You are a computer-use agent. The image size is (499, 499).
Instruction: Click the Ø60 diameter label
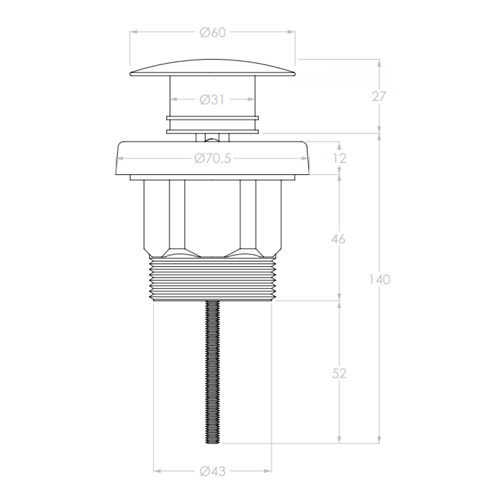[212, 33]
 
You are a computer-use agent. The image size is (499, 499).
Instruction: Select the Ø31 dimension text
[212, 99]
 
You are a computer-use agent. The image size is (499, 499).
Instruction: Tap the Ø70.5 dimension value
[212, 158]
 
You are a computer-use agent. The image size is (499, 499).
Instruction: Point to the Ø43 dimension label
[212, 471]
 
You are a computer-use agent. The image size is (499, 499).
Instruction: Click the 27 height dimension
[379, 96]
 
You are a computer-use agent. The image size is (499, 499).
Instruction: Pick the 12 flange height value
[340, 158]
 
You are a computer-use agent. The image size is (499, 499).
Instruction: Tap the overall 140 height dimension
[379, 280]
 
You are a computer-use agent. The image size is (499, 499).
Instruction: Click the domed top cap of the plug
[212, 67]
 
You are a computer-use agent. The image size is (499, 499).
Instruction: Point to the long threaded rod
[213, 370]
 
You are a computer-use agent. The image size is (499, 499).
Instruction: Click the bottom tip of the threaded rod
[213, 441]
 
